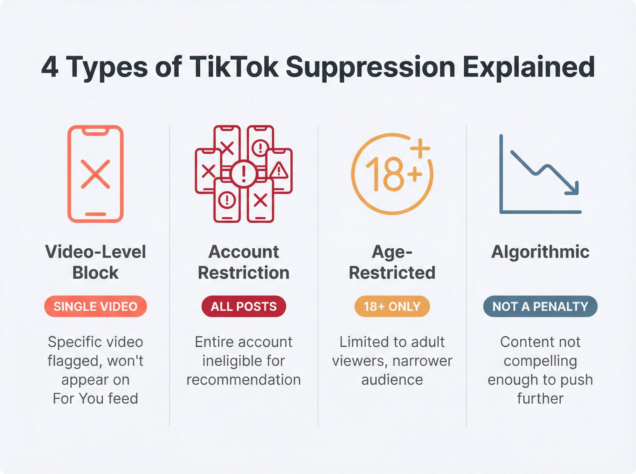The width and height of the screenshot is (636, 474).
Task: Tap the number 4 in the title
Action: point(50,67)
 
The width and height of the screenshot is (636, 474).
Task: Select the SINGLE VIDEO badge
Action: point(95,306)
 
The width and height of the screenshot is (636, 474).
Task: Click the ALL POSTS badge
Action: point(244,306)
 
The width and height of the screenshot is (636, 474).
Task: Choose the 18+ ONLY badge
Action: point(392,306)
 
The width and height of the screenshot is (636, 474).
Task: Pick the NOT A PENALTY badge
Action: point(540,306)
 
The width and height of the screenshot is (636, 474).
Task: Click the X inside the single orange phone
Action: point(95,174)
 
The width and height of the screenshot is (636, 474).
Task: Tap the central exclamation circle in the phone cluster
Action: point(244,174)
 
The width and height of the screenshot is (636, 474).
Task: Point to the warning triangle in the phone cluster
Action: point(279,170)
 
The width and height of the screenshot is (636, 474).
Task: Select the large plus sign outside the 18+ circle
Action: point(420,148)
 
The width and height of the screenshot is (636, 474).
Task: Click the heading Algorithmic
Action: point(540,252)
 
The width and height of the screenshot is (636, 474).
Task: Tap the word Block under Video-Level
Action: point(95,272)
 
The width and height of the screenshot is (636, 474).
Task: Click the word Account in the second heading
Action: point(244,252)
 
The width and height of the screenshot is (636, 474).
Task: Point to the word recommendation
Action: point(244,380)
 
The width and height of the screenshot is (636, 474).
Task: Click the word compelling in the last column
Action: point(540,361)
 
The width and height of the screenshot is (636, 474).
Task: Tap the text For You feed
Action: point(95,398)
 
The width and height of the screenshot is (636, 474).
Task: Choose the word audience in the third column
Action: point(392,380)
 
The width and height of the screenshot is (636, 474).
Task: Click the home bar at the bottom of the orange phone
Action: point(95,214)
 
